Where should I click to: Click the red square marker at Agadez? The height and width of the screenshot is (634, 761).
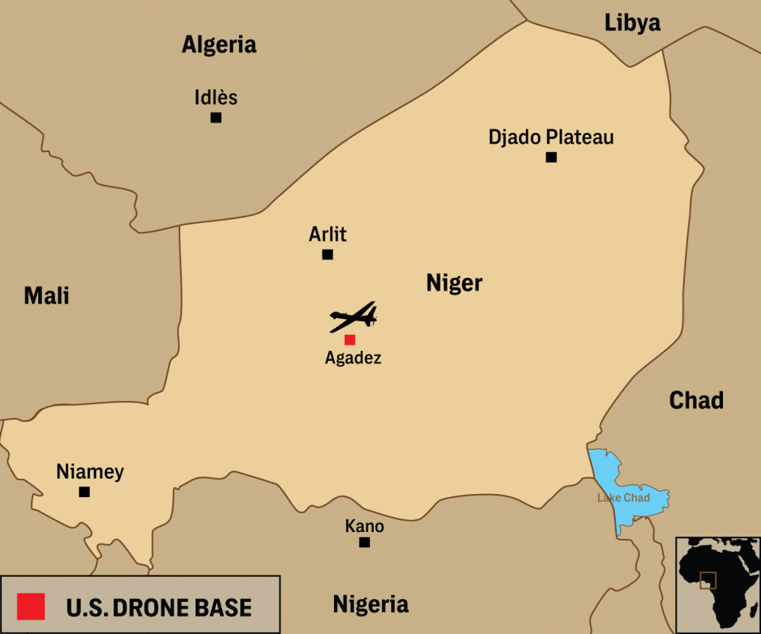click(350, 339)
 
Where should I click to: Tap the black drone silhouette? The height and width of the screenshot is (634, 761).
click(353, 317)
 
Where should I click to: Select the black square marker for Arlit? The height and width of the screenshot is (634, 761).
click(327, 254)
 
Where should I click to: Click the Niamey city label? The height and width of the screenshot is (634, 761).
click(90, 472)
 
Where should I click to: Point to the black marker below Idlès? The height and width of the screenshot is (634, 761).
click(216, 117)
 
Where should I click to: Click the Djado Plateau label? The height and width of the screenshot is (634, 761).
click(551, 138)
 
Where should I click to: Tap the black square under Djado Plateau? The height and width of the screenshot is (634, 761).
click(551, 158)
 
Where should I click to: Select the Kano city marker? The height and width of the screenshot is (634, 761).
click(365, 543)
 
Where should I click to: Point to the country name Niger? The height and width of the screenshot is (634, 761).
click(454, 283)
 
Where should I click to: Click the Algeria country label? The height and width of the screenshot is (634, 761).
click(218, 45)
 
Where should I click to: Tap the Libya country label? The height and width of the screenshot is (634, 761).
click(632, 23)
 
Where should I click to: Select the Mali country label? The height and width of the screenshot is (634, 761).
click(46, 295)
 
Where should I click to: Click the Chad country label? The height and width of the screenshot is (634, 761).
click(696, 400)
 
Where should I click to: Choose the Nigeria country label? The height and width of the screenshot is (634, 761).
click(371, 604)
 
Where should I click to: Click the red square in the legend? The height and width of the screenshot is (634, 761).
click(30, 607)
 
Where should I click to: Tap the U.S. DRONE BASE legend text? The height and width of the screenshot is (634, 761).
click(159, 607)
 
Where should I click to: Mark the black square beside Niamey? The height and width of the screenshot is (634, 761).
click(84, 492)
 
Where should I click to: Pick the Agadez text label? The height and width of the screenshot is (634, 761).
click(353, 358)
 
